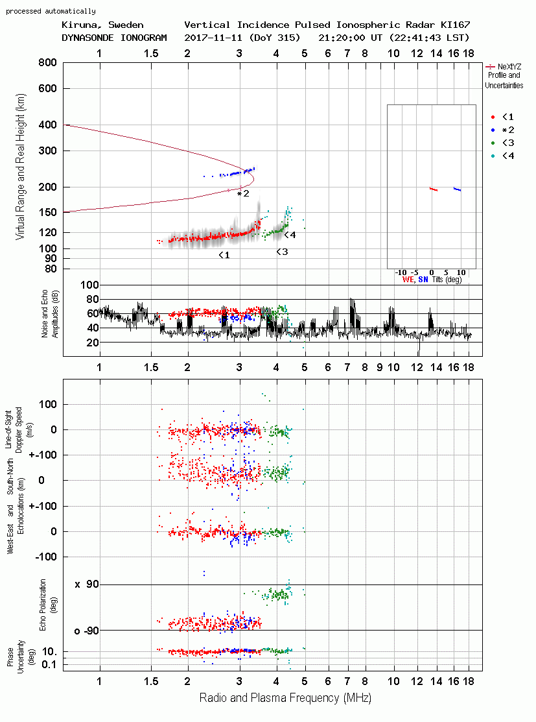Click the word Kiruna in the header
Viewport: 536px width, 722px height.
(79, 25)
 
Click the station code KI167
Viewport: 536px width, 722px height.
(455, 25)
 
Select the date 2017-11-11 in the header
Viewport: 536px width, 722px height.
(213, 38)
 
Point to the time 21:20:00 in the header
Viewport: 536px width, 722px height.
(342, 38)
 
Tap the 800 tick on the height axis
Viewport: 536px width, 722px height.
(47, 63)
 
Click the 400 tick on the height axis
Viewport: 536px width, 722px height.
(47, 125)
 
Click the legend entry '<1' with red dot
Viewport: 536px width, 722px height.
(502, 117)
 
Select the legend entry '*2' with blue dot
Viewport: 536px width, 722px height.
(502, 130)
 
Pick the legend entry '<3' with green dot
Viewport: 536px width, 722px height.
(502, 143)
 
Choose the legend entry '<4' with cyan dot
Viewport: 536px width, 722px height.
(502, 156)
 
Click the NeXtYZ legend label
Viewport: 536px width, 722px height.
(509, 67)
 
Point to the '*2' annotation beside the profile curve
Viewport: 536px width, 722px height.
(243, 194)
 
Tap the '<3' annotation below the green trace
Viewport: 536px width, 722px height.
(282, 252)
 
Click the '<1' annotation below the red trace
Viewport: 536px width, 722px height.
(224, 255)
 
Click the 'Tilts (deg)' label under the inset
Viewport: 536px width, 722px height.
(447, 280)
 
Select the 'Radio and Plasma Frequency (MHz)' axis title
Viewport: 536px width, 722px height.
(285, 698)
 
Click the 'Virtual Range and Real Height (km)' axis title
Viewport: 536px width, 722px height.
(20, 167)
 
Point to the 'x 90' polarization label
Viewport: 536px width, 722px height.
(87, 584)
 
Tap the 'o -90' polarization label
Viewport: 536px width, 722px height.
(86, 631)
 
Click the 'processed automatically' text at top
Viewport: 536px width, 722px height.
(51, 11)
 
